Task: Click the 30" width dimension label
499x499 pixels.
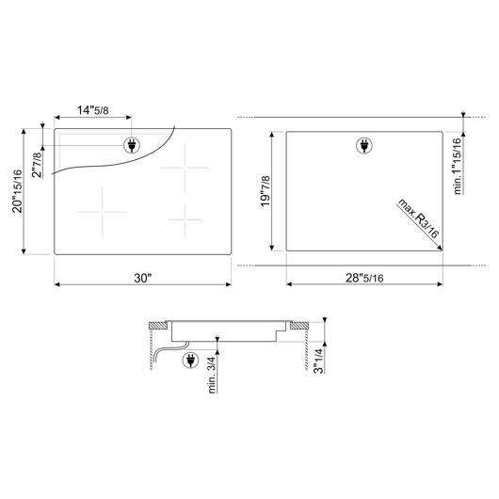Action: pyautogui.click(x=142, y=278)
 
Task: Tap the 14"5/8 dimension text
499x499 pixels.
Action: pyautogui.click(x=93, y=110)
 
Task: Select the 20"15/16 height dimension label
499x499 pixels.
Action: pyautogui.click(x=17, y=191)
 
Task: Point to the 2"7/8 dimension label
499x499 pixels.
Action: pyautogui.click(x=37, y=165)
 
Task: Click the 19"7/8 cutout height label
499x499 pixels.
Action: pyautogui.click(x=266, y=191)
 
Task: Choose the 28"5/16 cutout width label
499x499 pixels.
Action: pyautogui.click(x=364, y=278)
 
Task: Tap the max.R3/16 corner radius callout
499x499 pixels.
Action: pyautogui.click(x=418, y=218)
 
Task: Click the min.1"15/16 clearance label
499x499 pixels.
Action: pyautogui.click(x=458, y=166)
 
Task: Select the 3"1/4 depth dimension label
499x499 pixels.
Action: pyautogui.click(x=318, y=361)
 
